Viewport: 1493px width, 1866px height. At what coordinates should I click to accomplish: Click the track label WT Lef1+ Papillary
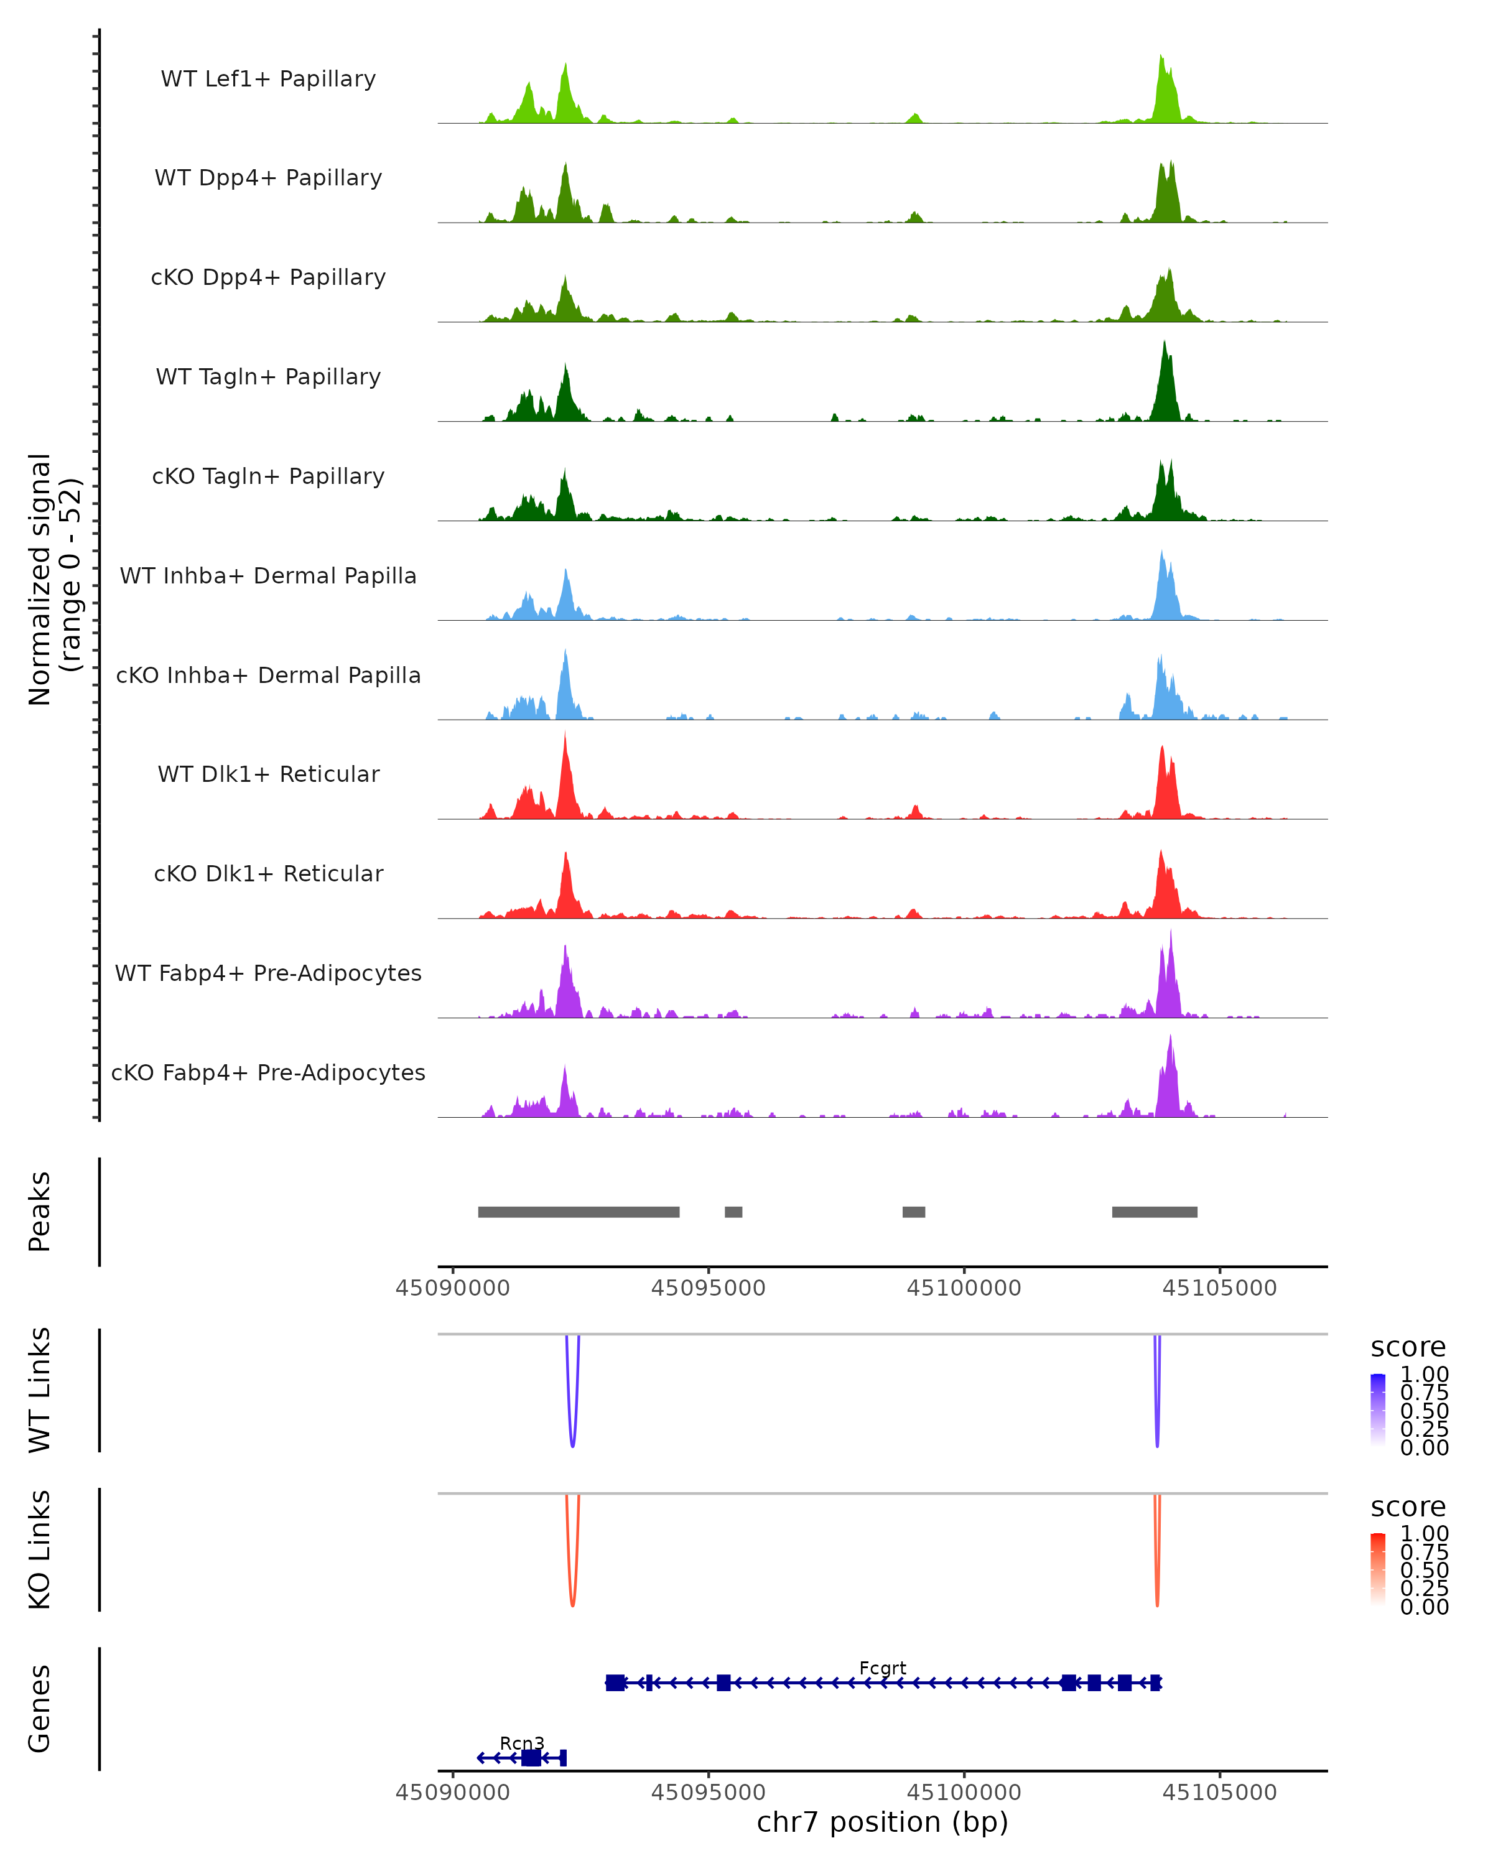pyautogui.click(x=268, y=79)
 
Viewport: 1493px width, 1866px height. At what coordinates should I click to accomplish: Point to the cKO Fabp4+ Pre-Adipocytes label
pyautogui.click(x=268, y=1072)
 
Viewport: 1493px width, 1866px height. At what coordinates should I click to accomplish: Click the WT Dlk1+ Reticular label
pyautogui.click(x=268, y=774)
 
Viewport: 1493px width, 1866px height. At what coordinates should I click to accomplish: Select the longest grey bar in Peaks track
pyautogui.click(x=578, y=1212)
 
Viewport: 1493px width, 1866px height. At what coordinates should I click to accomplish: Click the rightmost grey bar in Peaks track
pyautogui.click(x=1155, y=1212)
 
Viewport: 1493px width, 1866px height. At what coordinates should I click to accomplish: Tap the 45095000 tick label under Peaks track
pyautogui.click(x=708, y=1288)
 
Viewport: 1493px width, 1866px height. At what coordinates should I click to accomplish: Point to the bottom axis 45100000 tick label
pyautogui.click(x=964, y=1793)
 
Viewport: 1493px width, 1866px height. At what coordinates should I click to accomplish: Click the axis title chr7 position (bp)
pyautogui.click(x=882, y=1822)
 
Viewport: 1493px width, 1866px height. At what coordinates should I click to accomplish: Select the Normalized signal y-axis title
pyautogui.click(x=53, y=579)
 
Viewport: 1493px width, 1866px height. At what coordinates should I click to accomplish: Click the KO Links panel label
pyautogui.click(x=40, y=1549)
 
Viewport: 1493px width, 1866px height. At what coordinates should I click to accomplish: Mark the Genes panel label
pyautogui.click(x=40, y=1709)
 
